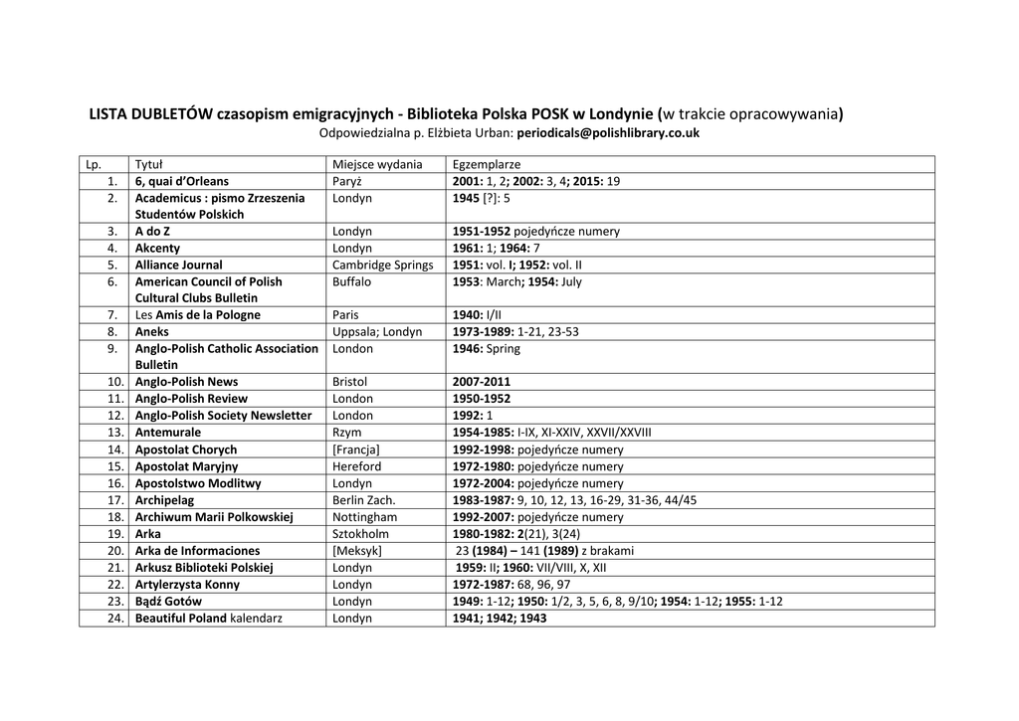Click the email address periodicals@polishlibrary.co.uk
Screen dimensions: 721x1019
coord(609,132)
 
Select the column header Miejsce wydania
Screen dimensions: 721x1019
coord(377,164)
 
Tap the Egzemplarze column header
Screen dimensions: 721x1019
coord(487,164)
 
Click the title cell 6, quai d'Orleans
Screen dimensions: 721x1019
coord(182,181)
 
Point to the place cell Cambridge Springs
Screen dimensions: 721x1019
coord(382,266)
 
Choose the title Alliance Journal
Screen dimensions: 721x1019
coord(179,266)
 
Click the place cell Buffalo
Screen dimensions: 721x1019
coord(352,282)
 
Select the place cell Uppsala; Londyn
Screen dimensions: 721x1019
coord(377,332)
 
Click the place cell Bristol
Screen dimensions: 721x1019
coord(350,382)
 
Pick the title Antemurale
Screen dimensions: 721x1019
coord(168,433)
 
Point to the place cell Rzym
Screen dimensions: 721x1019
coord(347,433)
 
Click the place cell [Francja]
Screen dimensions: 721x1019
coord(356,450)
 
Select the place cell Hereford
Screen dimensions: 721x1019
coord(357,466)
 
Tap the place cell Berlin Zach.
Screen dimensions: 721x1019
coord(364,500)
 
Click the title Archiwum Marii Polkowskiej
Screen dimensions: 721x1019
coord(214,517)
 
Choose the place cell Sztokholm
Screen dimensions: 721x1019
coord(361,534)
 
